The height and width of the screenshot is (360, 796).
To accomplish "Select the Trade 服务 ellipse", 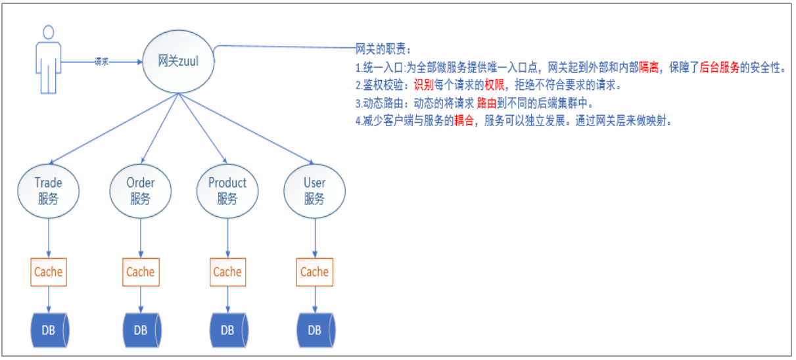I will pyautogui.click(x=48, y=190).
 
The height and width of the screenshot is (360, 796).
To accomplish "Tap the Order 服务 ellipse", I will pyautogui.click(x=140, y=190).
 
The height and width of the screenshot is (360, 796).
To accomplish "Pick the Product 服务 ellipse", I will pyautogui.click(x=227, y=190).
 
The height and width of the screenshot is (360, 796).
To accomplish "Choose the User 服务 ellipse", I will pyautogui.click(x=314, y=190).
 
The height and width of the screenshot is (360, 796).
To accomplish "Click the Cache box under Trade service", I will pyautogui.click(x=48, y=272).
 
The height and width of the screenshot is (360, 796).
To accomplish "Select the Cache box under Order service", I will pyautogui.click(x=140, y=272).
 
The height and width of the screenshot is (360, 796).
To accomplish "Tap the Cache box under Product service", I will pyautogui.click(x=227, y=272).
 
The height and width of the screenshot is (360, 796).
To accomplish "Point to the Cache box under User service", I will pyautogui.click(x=314, y=272).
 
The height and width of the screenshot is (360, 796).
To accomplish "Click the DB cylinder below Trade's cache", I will pyautogui.click(x=50, y=330).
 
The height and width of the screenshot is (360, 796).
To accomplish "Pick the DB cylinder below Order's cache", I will pyautogui.click(x=141, y=330).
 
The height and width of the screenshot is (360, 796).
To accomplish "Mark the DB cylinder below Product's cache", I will pyautogui.click(x=227, y=330).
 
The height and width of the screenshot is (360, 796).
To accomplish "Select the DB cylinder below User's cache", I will pyautogui.click(x=315, y=330).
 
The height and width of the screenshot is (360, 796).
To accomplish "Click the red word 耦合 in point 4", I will pyautogui.click(x=463, y=122).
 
